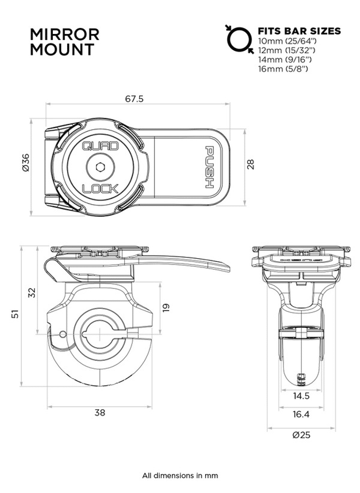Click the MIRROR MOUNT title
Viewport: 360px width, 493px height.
tap(64, 42)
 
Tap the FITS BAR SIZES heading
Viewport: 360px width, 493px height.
tap(299, 31)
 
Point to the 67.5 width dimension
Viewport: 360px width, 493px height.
tap(134, 99)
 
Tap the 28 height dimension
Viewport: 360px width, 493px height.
tap(251, 164)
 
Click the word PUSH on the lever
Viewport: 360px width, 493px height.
tap(209, 168)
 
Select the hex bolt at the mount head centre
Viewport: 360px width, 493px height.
tap(100, 167)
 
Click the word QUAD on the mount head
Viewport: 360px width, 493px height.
tap(100, 146)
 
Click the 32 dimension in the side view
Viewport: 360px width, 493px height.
tap(32, 292)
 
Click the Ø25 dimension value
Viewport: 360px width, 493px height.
tap(301, 435)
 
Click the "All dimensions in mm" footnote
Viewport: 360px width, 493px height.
tap(180, 476)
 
